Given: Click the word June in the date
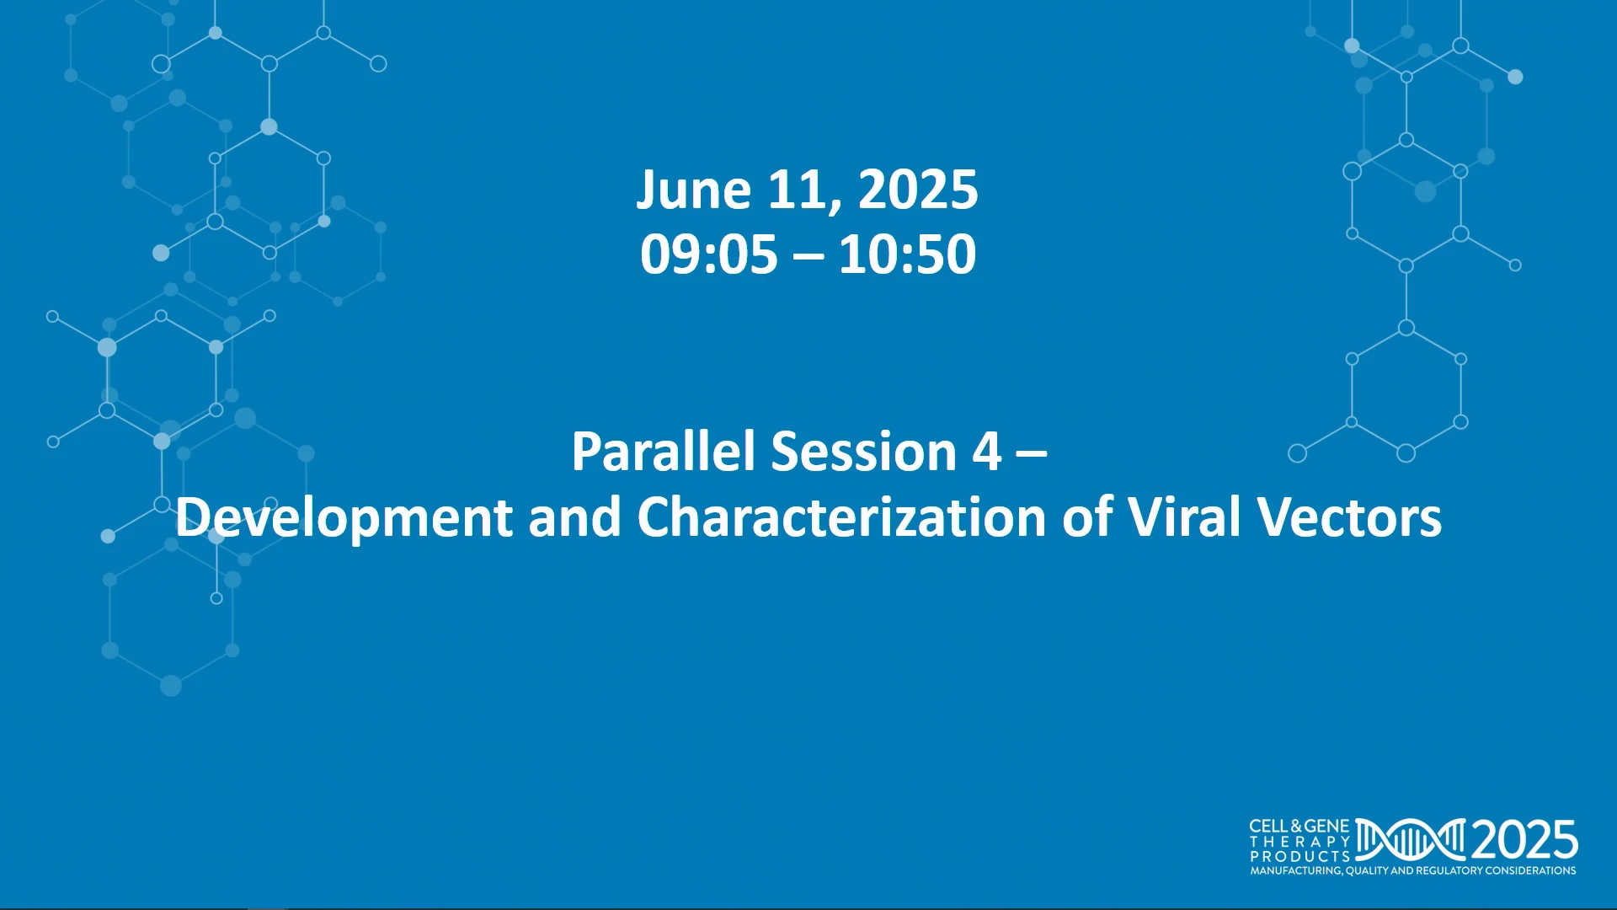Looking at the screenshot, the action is (693, 190).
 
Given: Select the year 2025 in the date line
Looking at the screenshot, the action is (918, 190).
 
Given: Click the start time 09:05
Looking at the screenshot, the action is (708, 254).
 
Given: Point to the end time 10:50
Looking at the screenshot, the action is (908, 254).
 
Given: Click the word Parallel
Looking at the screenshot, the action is (663, 451).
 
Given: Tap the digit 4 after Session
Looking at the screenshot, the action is (987, 452).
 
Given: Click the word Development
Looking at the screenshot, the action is (344, 518).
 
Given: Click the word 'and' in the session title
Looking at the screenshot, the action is (574, 517).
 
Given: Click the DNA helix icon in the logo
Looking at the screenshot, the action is (1411, 839).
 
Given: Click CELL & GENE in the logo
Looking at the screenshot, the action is (1299, 827).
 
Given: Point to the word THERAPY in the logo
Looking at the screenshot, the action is (1299, 842).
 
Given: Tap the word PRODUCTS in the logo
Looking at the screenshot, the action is (1299, 856).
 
